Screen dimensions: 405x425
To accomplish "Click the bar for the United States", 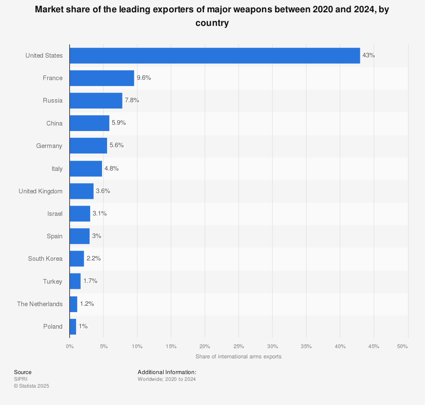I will pos(215,56).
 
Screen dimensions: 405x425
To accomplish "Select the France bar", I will pos(102,78).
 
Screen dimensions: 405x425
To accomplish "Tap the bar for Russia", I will pos(96,101).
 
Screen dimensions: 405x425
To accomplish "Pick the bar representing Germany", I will pos(88,146).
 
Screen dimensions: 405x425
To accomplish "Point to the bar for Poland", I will pos(73,327).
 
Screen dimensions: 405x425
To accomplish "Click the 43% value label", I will pos(368,56).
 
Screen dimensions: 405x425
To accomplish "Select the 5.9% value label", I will pos(119,123).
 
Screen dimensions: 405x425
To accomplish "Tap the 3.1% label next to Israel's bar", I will pos(99,214).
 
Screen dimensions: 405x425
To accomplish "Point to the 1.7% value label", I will pos(90,281).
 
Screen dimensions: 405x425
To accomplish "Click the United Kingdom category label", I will pos(40,191).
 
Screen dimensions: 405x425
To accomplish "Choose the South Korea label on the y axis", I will pos(45,259).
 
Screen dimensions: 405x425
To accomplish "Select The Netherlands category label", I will pos(40,304).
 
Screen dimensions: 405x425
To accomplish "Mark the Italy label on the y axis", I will pos(57,169).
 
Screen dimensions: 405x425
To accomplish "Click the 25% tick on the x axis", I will pos(238,346).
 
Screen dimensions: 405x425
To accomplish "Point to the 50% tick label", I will pos(402,346).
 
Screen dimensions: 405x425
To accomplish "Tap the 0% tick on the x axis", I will pos(70,346).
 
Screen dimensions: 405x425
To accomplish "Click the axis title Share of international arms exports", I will pos(238,357).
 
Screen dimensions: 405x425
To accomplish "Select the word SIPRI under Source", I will pos(21,379).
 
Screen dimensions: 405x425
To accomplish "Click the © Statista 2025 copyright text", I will pos(31,386).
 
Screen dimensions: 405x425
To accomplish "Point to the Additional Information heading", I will pos(167,372).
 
